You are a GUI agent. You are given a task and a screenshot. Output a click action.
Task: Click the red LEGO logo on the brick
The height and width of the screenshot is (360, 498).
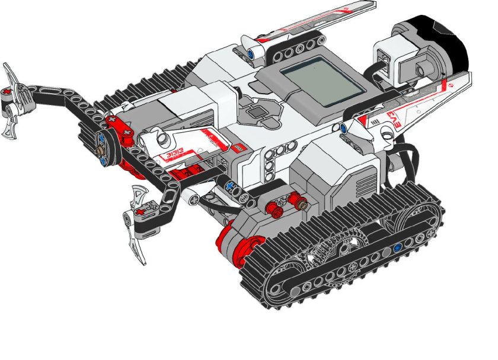236,147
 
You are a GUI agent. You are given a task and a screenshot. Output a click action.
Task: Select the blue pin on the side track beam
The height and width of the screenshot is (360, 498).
398,247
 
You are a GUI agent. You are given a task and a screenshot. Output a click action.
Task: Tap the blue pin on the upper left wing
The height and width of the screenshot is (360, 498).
252,53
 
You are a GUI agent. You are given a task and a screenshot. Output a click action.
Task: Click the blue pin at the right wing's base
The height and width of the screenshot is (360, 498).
343,128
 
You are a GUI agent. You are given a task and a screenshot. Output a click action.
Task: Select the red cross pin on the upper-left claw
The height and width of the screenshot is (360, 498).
7,92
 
